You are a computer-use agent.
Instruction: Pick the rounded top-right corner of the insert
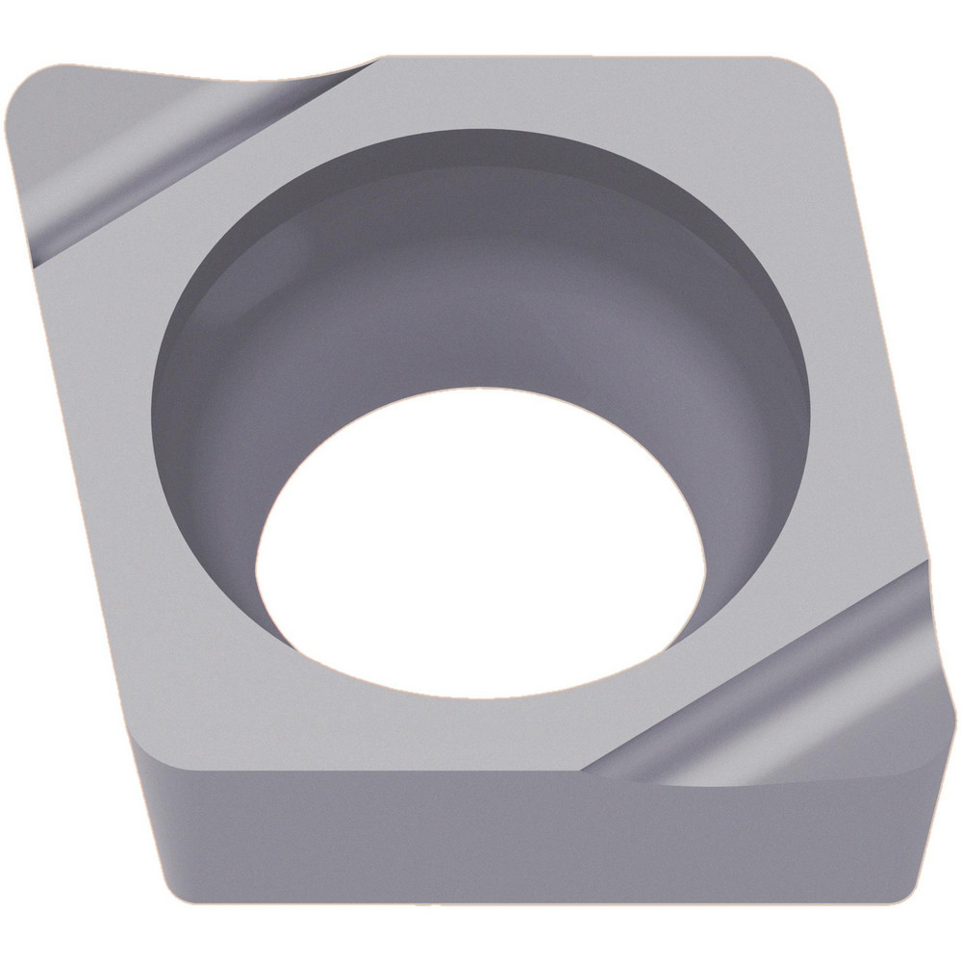point(818,82)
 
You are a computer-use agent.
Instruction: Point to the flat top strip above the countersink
point(577,91)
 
